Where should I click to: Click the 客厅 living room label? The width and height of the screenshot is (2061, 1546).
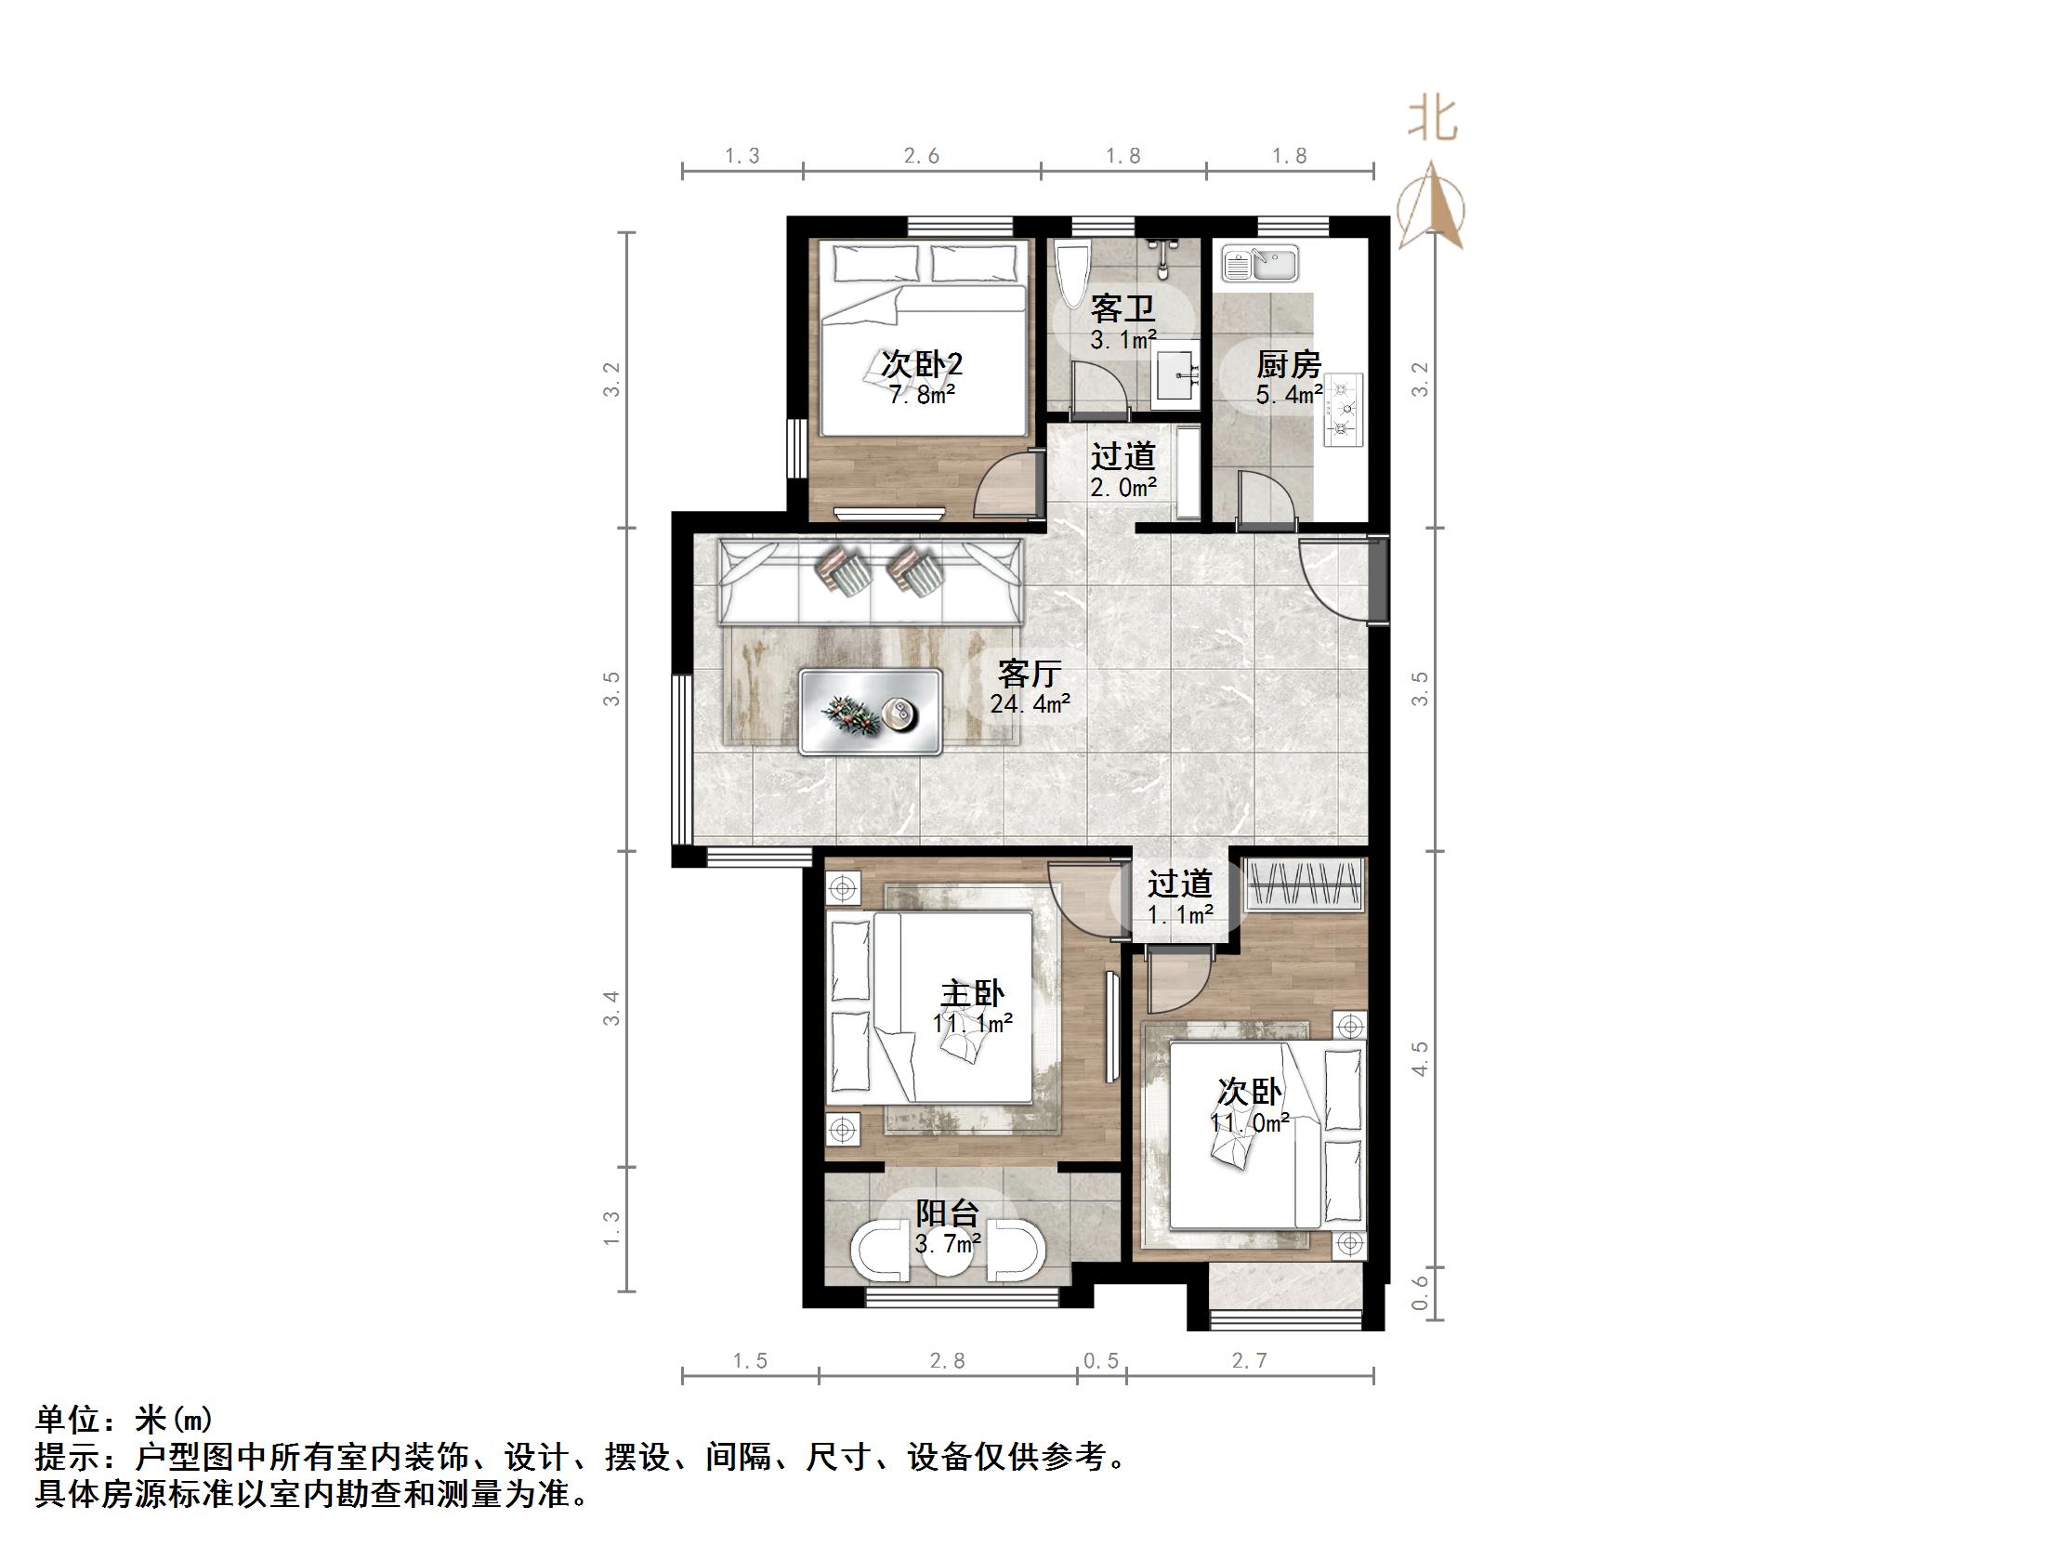coord(1030,673)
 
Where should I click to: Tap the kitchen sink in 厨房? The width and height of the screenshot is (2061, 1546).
coord(1260,264)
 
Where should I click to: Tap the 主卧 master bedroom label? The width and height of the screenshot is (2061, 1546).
coord(973,993)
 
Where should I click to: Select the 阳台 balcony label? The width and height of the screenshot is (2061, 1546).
coord(947,1212)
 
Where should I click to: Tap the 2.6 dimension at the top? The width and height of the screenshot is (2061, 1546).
coord(922,157)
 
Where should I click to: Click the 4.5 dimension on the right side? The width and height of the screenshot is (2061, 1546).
coord(1420,1058)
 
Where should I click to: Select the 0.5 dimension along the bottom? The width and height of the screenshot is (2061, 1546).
coord(1100,1361)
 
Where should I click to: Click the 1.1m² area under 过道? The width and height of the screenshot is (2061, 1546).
coord(1179,915)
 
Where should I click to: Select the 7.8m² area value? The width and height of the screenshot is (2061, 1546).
coord(922,395)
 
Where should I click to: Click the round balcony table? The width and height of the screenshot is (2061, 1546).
coord(947,1252)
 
